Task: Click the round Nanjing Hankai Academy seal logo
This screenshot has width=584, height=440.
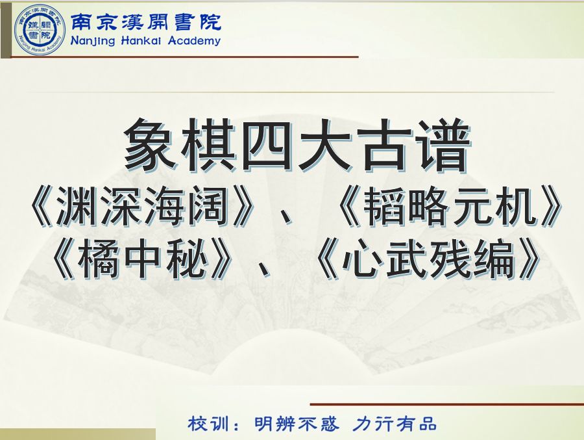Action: (40, 30)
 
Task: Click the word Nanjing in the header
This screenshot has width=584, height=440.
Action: (92, 41)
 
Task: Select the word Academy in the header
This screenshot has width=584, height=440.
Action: (194, 41)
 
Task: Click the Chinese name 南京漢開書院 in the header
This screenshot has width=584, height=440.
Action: (145, 22)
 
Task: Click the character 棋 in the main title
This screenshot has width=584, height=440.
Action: (208, 145)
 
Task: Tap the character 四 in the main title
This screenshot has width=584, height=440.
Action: (267, 145)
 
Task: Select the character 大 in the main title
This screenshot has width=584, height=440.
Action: (325, 145)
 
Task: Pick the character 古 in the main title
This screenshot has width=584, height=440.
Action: (383, 145)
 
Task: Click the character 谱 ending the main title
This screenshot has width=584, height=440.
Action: (442, 145)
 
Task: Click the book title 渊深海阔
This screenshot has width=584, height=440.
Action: (142, 207)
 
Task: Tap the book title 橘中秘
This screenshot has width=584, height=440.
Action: (143, 259)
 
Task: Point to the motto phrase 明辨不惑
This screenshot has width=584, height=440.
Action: (297, 424)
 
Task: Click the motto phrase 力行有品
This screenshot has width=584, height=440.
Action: (395, 424)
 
